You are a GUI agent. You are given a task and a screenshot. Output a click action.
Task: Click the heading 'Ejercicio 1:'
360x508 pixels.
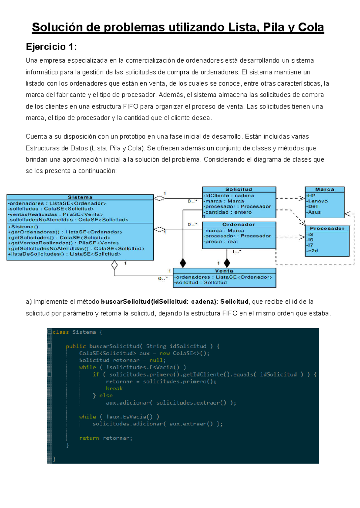coord(51,47)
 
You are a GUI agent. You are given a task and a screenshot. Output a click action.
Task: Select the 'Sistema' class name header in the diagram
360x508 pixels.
coord(80,197)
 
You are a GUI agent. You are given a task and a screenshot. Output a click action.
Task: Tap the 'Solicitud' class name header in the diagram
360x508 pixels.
coord(239,189)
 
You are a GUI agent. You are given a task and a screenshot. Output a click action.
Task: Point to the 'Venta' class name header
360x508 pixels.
coord(224,271)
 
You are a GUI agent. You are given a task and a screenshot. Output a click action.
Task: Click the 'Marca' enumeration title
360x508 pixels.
coord(325,189)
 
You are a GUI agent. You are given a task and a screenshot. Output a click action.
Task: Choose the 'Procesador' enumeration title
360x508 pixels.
coord(327,228)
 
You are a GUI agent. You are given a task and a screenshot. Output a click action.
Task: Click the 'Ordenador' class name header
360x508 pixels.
coord(239,224)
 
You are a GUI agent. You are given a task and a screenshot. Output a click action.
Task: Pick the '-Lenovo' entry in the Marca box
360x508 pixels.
coord(317,201)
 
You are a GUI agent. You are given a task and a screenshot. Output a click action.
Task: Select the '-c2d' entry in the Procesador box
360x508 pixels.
coord(312,251)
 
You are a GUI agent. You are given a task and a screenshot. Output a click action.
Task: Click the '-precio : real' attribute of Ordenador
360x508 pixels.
coord(221,241)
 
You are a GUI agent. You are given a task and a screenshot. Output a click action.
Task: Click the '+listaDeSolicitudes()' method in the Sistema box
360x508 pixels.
coord(64,254)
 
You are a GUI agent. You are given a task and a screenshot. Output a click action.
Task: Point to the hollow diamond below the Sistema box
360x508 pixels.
coord(114,265)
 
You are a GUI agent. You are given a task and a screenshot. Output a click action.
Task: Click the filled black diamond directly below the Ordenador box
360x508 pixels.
coord(227,263)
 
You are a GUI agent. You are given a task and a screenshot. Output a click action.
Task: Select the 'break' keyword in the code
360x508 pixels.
coord(114,388)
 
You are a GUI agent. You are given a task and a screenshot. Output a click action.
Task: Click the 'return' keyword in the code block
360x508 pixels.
coord(89,438)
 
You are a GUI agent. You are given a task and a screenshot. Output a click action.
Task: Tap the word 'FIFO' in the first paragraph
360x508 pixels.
coord(130,106)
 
